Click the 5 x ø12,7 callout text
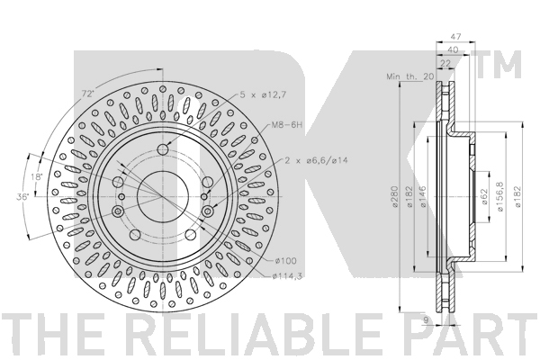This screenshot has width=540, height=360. pyautogui.click(x=263, y=94)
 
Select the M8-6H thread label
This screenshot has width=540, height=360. pyautogui.click(x=286, y=125)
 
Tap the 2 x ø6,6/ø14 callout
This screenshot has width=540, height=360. pyautogui.click(x=316, y=160)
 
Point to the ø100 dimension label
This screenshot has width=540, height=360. pyautogui.click(x=285, y=261)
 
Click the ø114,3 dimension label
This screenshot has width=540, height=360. pyautogui.click(x=287, y=276)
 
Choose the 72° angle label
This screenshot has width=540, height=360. pyautogui.click(x=88, y=94)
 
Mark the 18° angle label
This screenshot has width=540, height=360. pyautogui.click(x=37, y=177)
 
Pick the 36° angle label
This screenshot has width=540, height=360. pyautogui.click(x=23, y=197)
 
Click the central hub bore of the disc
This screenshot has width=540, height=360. pyautogui.click(x=163, y=197)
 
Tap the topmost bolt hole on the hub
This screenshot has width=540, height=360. pyautogui.click(x=163, y=149)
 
